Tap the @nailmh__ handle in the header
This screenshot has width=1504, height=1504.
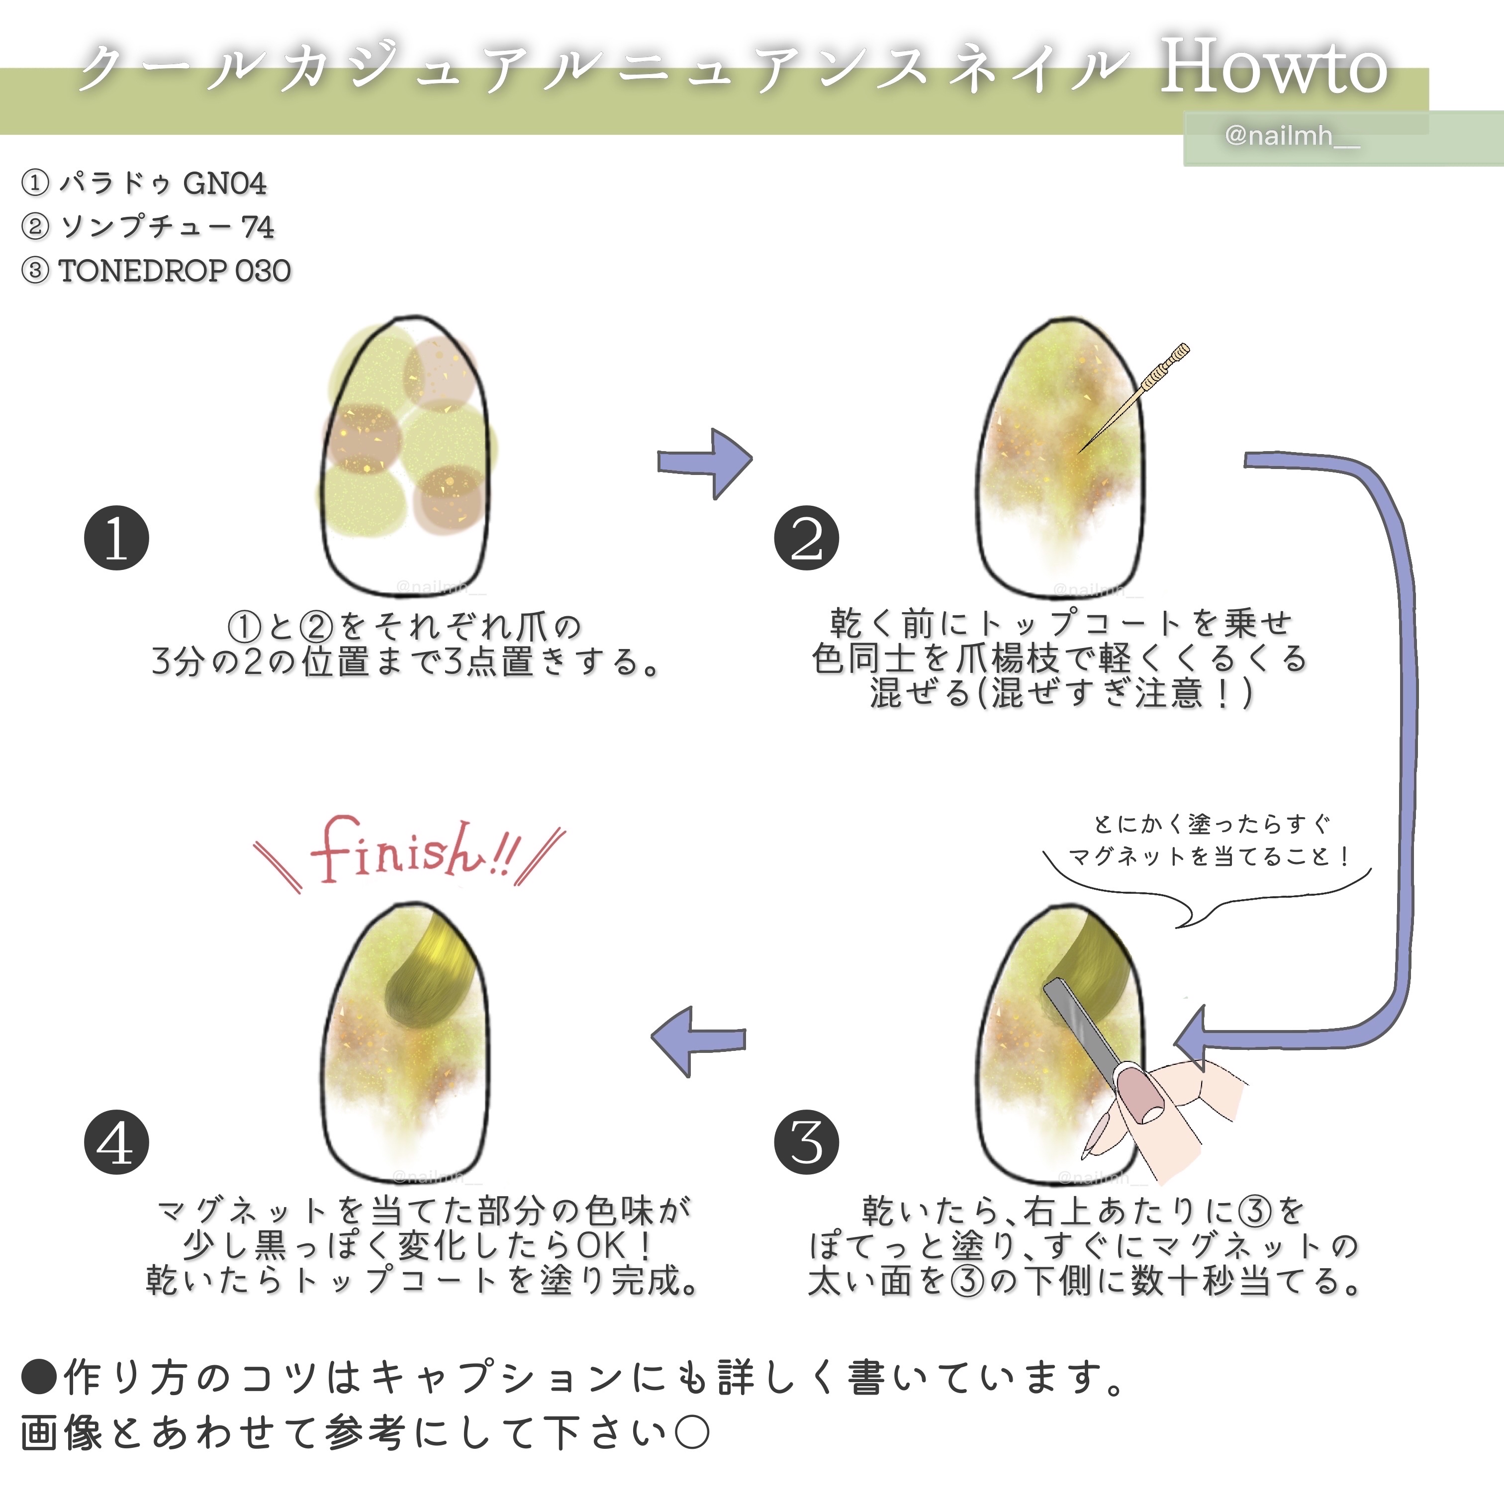click(1292, 136)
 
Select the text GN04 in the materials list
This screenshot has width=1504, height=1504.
click(224, 184)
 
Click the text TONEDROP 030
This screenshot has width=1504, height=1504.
click(175, 271)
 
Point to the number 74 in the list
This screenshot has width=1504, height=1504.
click(258, 227)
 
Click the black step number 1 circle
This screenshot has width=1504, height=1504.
click(116, 538)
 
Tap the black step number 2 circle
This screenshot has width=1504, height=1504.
click(807, 538)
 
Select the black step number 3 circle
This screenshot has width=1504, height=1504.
click(807, 1142)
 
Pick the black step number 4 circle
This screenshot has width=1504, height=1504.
click(116, 1142)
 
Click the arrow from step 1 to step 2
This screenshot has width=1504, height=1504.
click(705, 463)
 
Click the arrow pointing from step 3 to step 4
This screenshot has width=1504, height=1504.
click(697, 1041)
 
